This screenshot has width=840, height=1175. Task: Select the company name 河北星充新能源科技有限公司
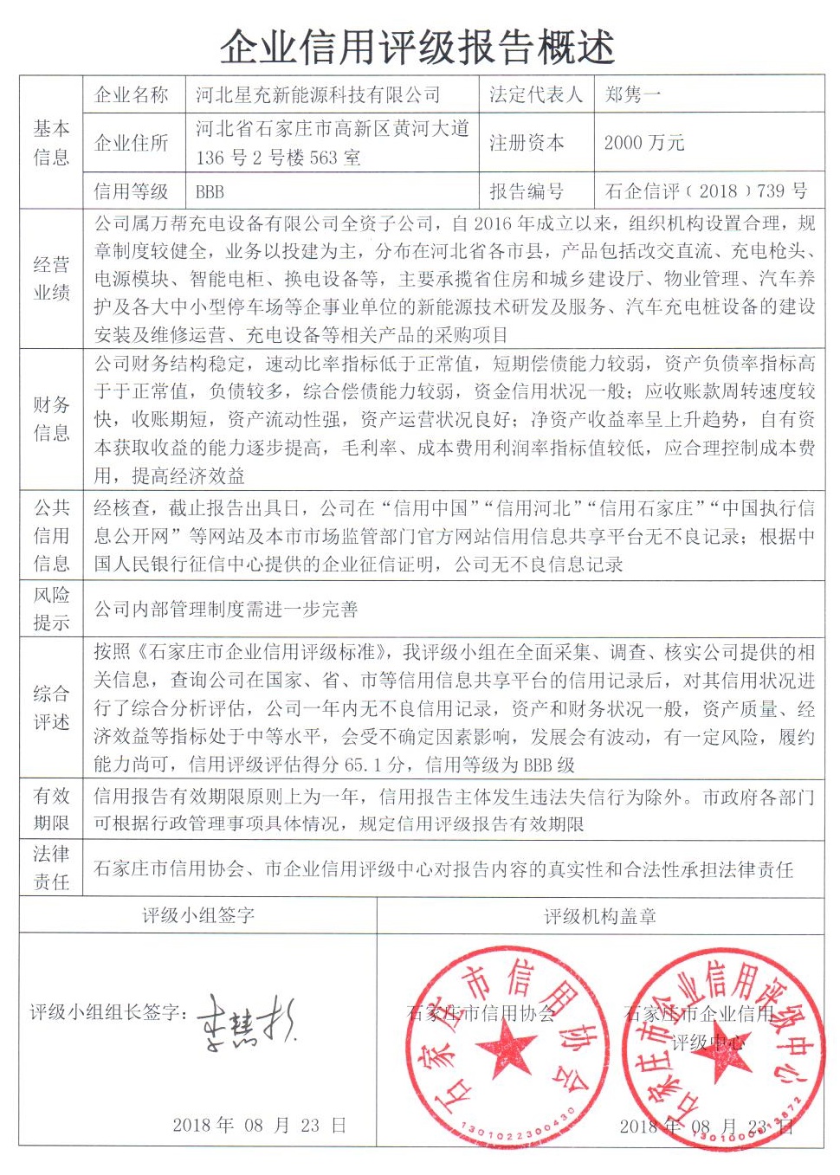318,94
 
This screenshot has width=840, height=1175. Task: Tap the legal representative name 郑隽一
633,94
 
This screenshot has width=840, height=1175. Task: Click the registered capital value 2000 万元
644,143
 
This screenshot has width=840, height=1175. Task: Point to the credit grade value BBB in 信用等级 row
210,191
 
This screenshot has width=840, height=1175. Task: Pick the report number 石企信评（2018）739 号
706,191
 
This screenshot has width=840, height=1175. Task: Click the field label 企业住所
131,143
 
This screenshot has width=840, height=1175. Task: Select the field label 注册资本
527,143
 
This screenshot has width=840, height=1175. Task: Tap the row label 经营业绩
51,278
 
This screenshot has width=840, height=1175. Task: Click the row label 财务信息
51,418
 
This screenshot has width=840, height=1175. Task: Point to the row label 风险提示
51,608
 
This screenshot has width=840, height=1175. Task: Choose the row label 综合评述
51,707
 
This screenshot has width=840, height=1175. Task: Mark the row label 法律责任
51,868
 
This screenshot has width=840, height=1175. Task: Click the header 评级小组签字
198,915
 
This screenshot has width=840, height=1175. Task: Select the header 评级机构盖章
600,915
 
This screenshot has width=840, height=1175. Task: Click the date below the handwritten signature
259,1125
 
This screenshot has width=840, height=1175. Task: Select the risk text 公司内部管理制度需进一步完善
226,609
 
